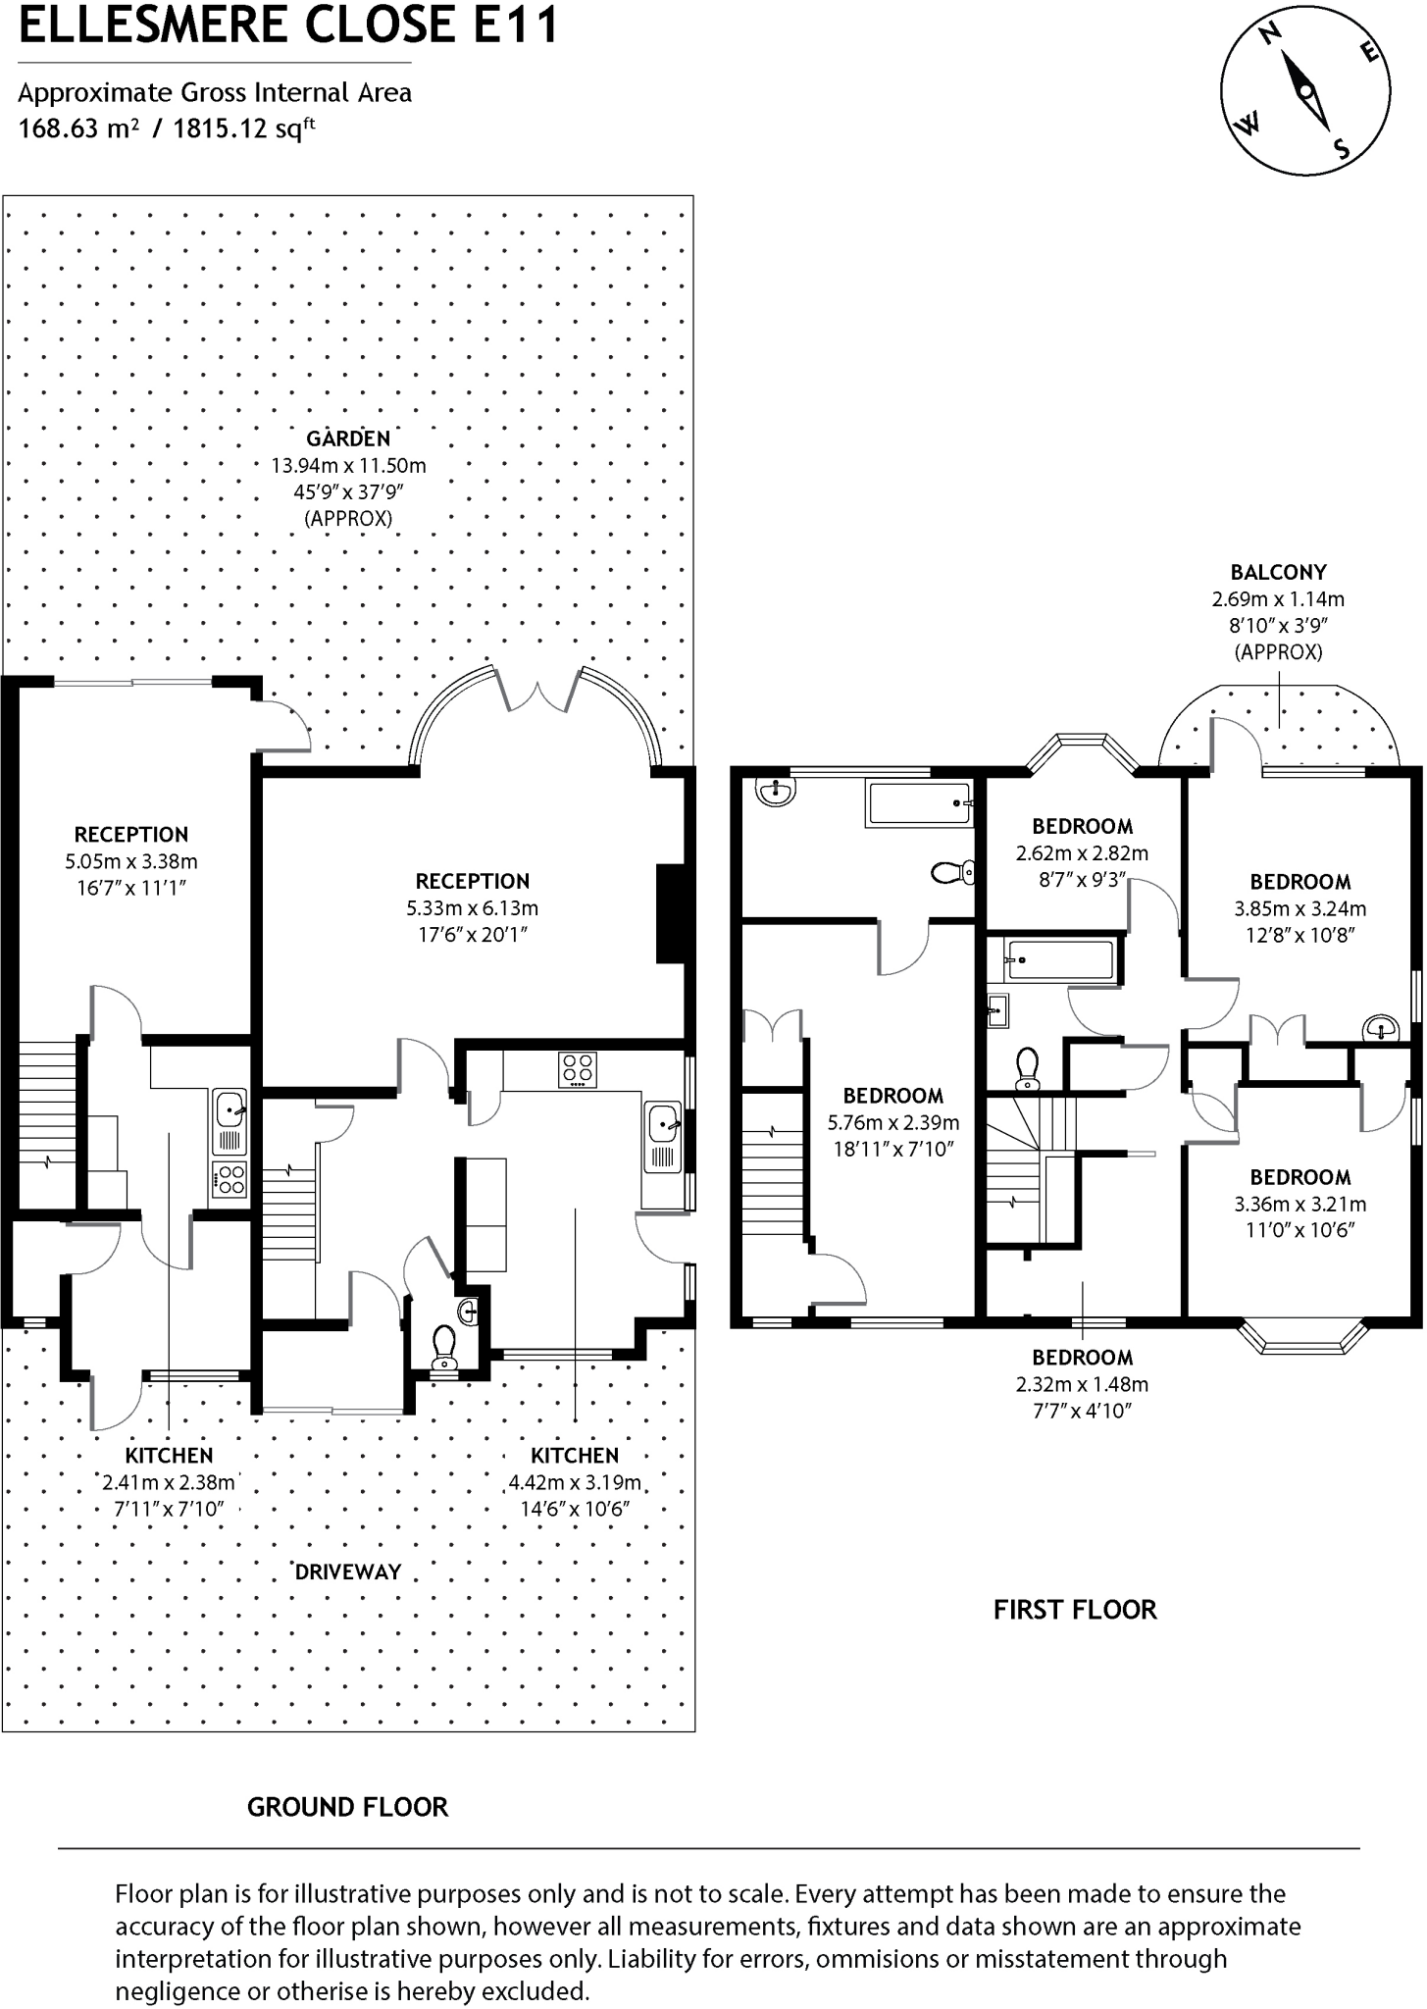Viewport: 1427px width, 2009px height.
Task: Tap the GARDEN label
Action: pyautogui.click(x=347, y=438)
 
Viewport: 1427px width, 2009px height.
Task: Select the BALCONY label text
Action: pyautogui.click(x=1278, y=572)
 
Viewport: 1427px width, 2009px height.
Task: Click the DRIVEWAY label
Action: pyautogui.click(x=348, y=1571)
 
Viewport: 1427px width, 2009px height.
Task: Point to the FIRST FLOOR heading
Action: pyautogui.click(x=1075, y=1610)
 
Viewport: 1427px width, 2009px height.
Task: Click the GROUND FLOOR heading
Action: pyautogui.click(x=347, y=1807)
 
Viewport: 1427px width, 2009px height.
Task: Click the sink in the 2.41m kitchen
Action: pyautogui.click(x=230, y=1109)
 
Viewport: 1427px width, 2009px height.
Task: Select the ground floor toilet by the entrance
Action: pyautogui.click(x=445, y=1347)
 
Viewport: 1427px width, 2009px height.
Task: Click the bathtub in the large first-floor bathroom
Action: pyautogui.click(x=918, y=803)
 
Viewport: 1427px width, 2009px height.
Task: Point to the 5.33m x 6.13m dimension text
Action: pyautogui.click(x=473, y=908)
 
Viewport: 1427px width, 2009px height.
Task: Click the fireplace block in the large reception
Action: pyautogui.click(x=671, y=913)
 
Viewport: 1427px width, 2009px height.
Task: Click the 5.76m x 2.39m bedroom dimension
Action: pyautogui.click(x=892, y=1122)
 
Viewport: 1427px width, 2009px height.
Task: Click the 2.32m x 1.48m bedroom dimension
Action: pyautogui.click(x=1082, y=1384)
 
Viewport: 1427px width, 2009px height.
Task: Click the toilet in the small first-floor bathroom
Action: pyautogui.click(x=1028, y=1067)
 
